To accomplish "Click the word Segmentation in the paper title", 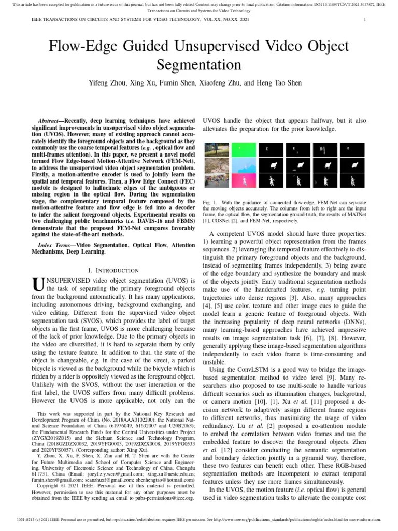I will [x=198, y=65].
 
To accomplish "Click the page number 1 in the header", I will [x=366, y=20].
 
